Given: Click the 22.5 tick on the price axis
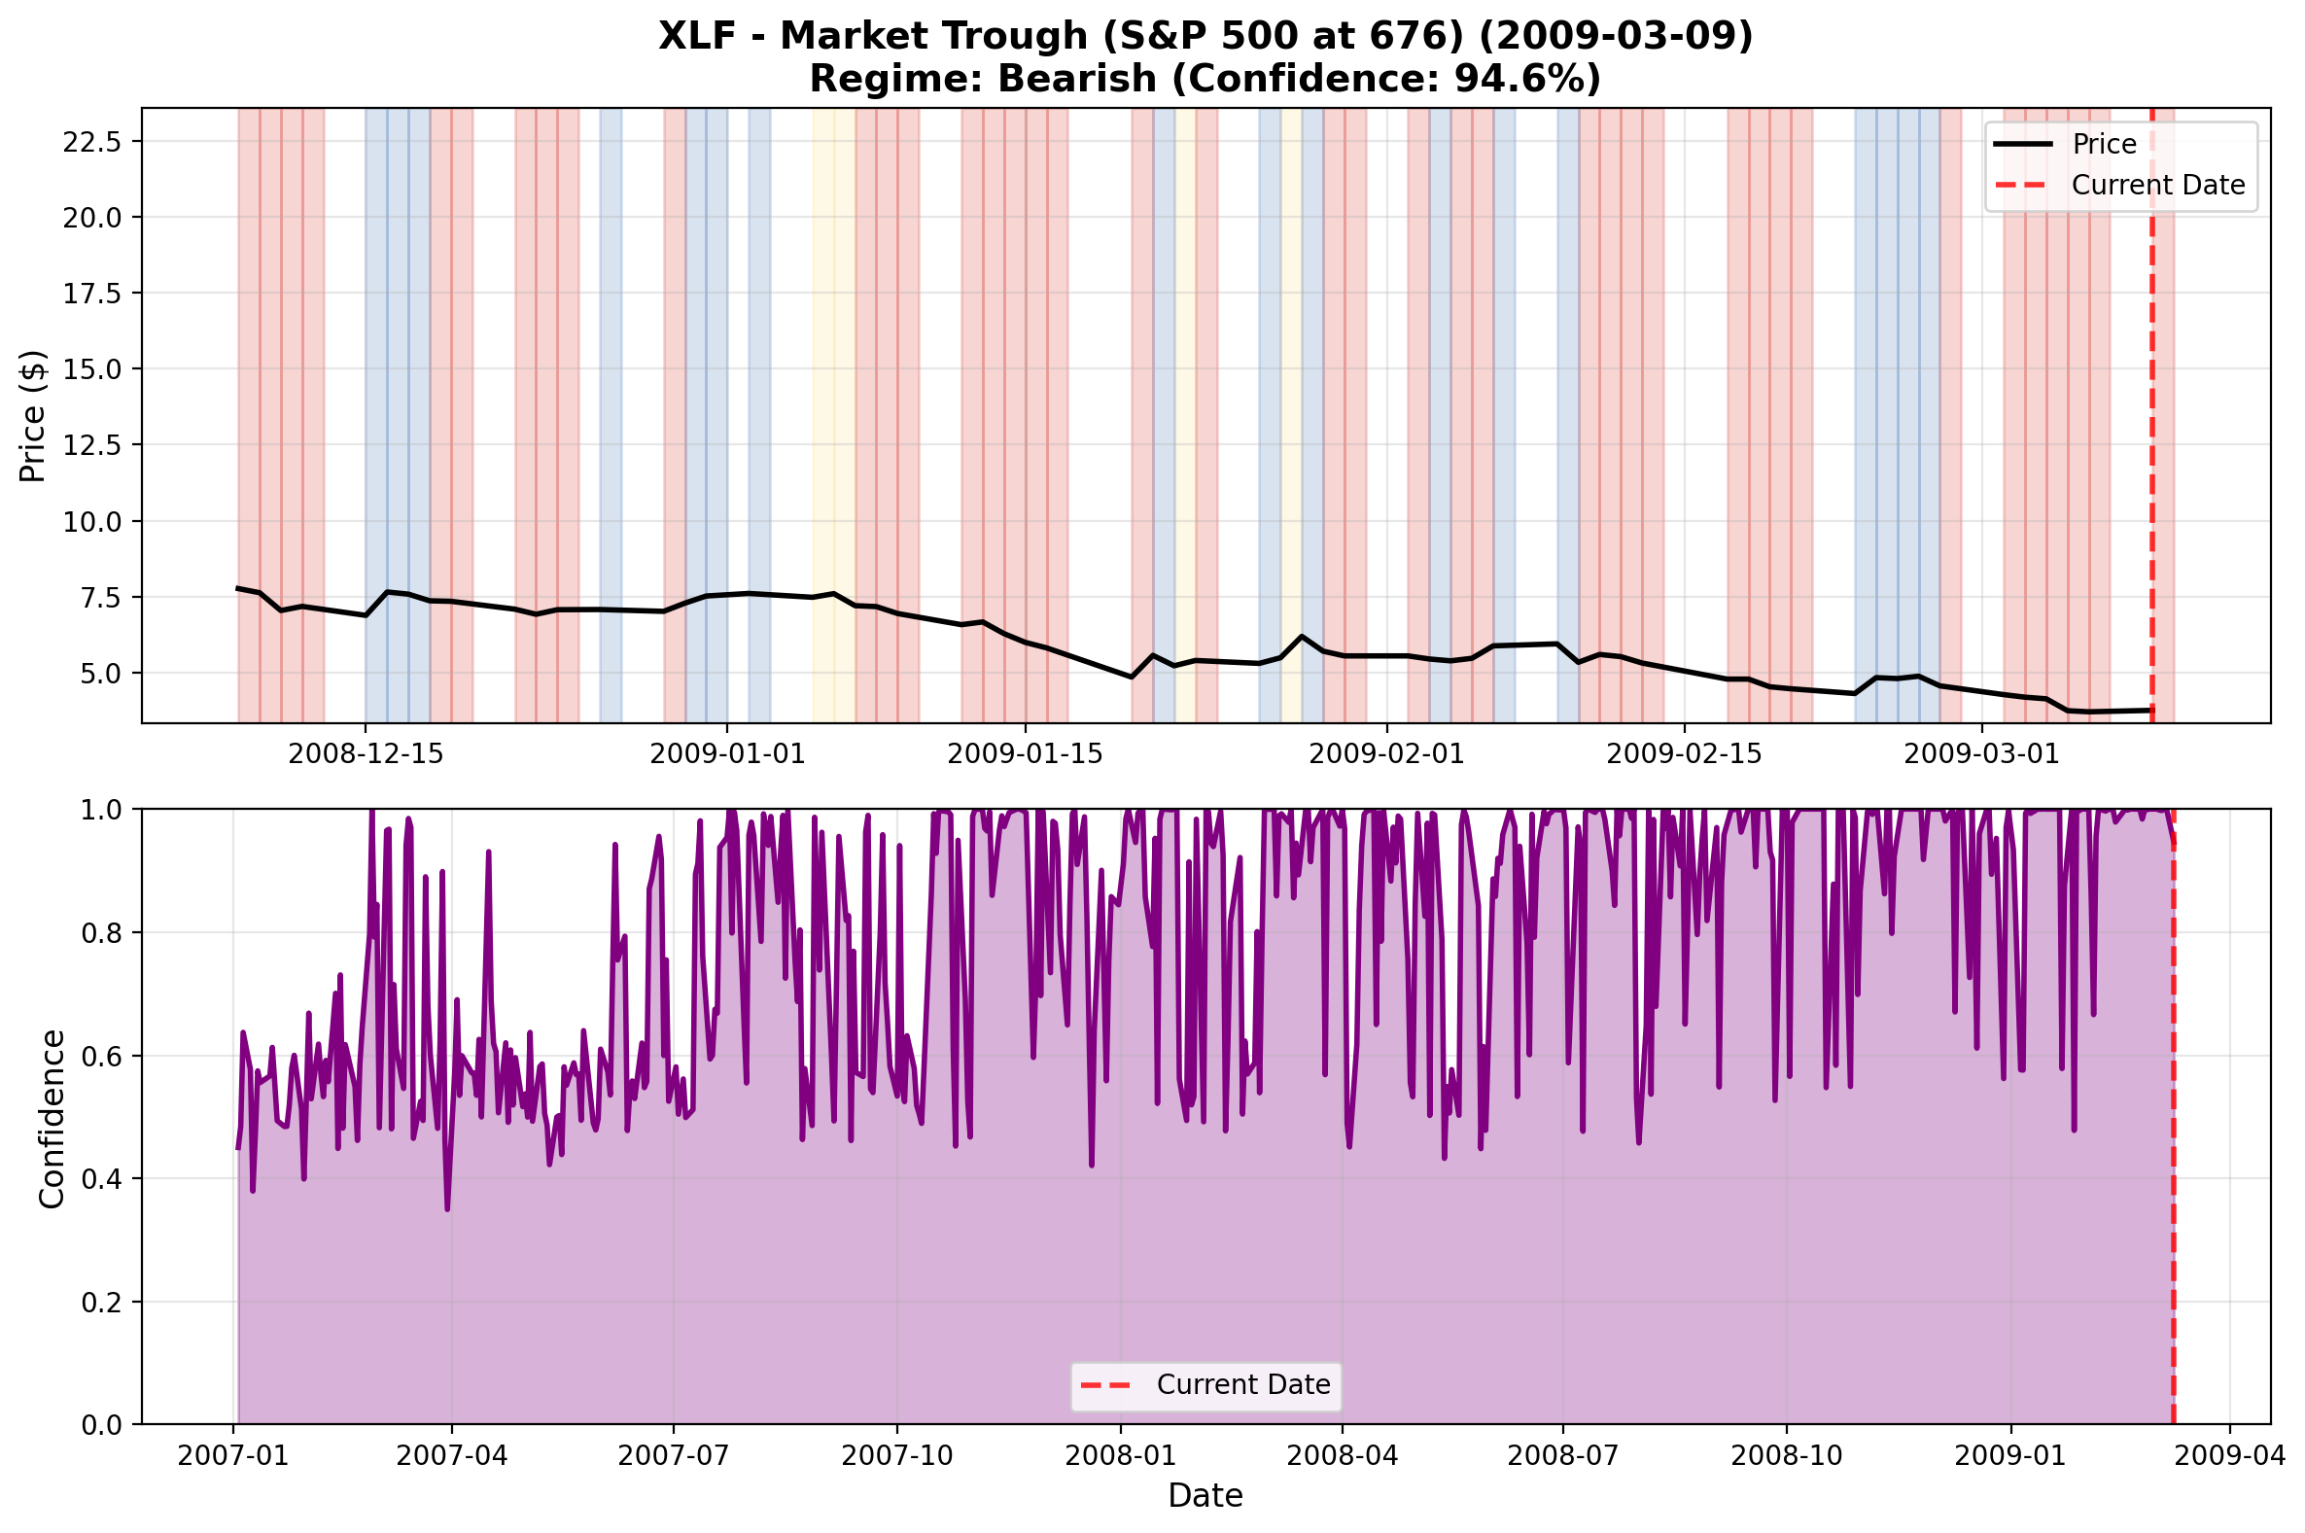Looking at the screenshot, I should click(x=91, y=142).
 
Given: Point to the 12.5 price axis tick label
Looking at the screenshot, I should click(x=91, y=446).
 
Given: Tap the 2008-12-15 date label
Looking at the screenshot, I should click(x=366, y=753).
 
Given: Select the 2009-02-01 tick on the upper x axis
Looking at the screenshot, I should click(x=1385, y=753).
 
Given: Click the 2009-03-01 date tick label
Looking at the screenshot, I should click(x=1981, y=753).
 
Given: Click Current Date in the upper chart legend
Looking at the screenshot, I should click(x=2157, y=186).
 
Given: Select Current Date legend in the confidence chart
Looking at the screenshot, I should click(x=1242, y=1385).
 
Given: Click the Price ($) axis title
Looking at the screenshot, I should click(x=33, y=415).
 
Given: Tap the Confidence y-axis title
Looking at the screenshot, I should click(x=52, y=1119).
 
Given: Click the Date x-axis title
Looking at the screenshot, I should click(x=1205, y=1496).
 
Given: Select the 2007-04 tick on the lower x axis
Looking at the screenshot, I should click(x=452, y=1456).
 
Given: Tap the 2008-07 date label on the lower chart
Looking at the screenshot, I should click(x=1562, y=1456).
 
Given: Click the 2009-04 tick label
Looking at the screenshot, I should click(x=2229, y=1456).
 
